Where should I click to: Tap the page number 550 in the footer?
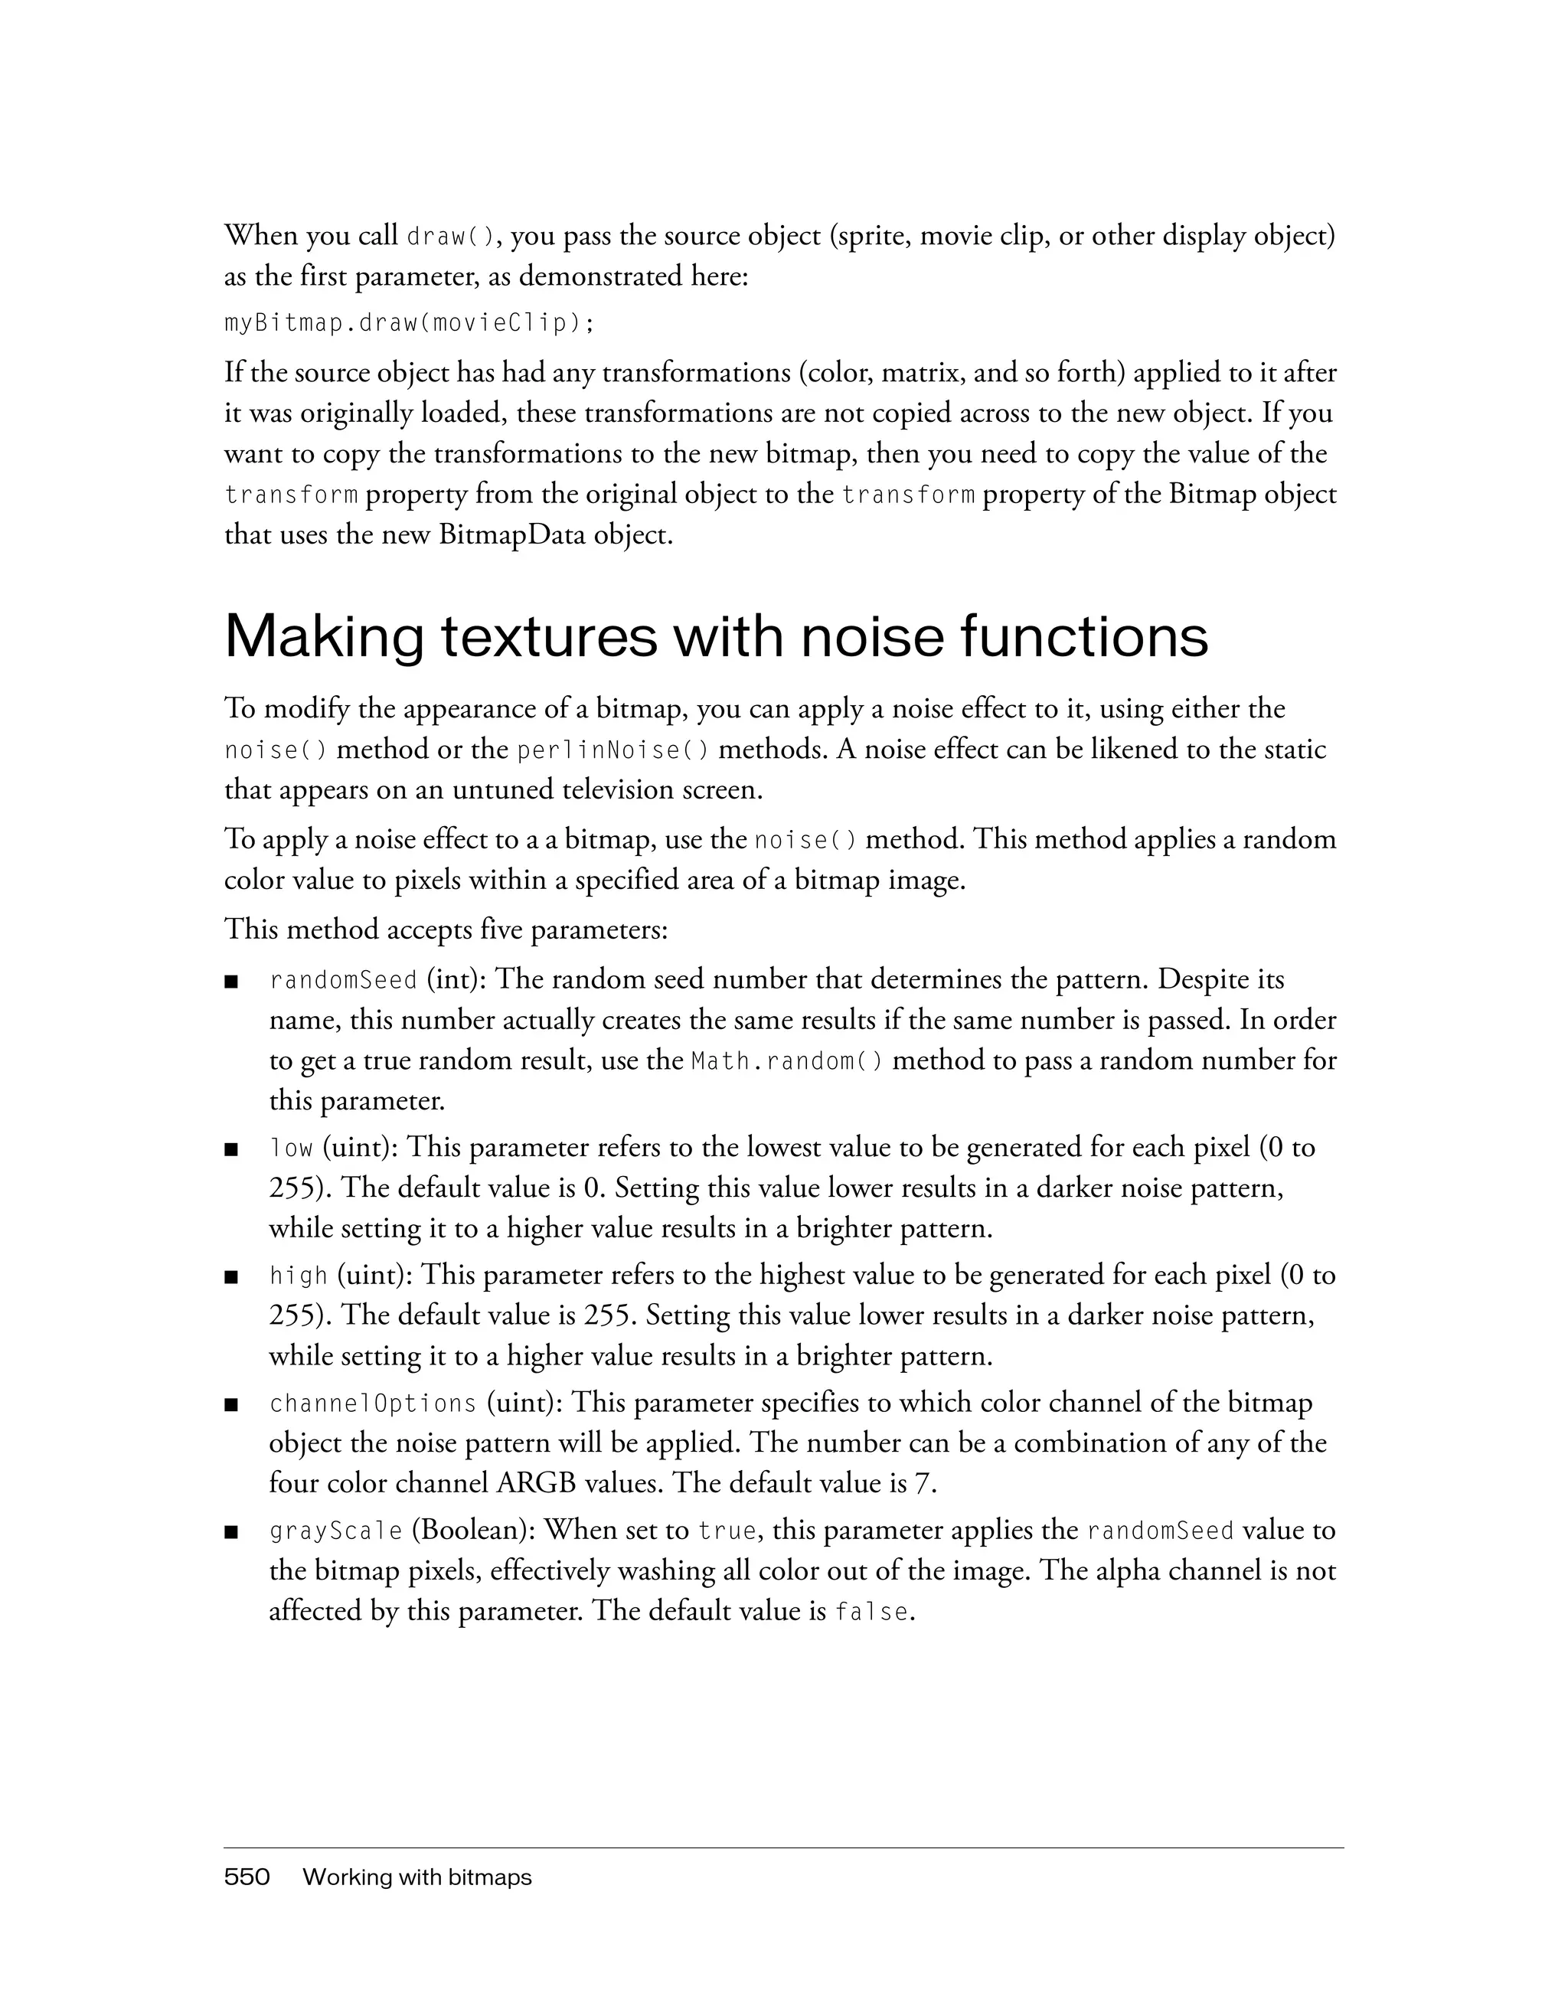(x=247, y=1877)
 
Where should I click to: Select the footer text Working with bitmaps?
(x=417, y=1877)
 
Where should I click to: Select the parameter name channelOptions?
(x=373, y=1404)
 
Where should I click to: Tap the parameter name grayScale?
(x=336, y=1531)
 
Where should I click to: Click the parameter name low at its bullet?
(x=292, y=1148)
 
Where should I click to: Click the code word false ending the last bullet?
(x=871, y=1612)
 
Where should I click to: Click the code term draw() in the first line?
(x=452, y=237)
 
